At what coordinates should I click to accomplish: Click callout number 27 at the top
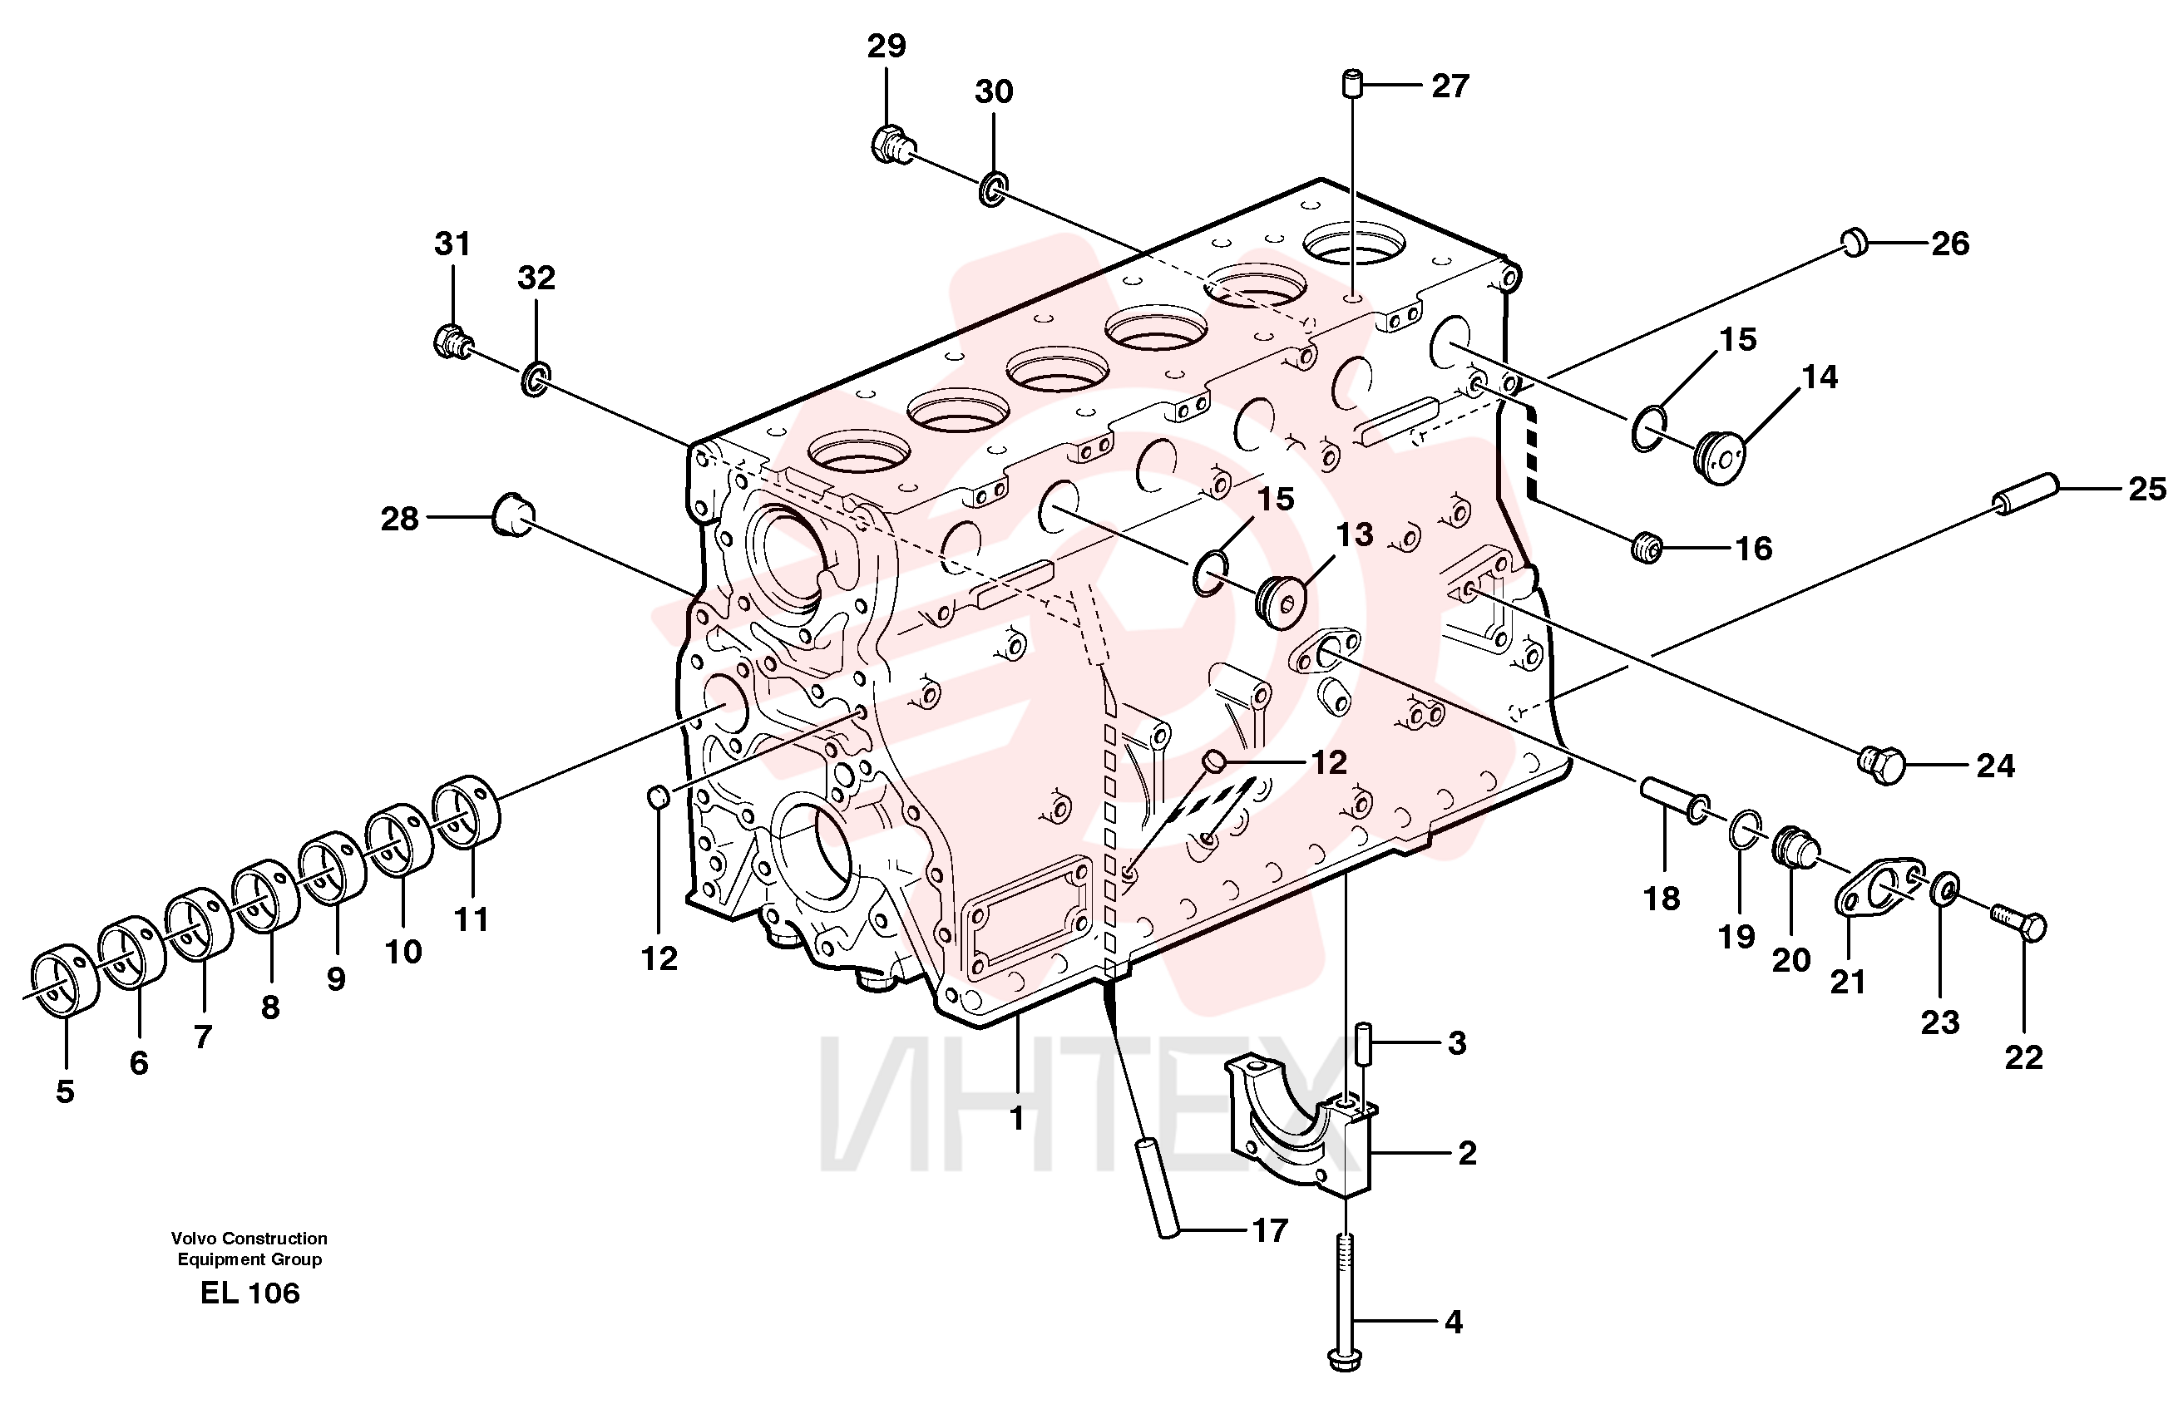click(1450, 86)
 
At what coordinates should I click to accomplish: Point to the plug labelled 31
click(452, 341)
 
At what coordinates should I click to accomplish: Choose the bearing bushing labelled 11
click(466, 810)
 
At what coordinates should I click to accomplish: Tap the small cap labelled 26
click(1855, 243)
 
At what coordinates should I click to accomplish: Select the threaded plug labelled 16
click(1647, 547)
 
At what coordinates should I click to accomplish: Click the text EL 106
click(249, 1293)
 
